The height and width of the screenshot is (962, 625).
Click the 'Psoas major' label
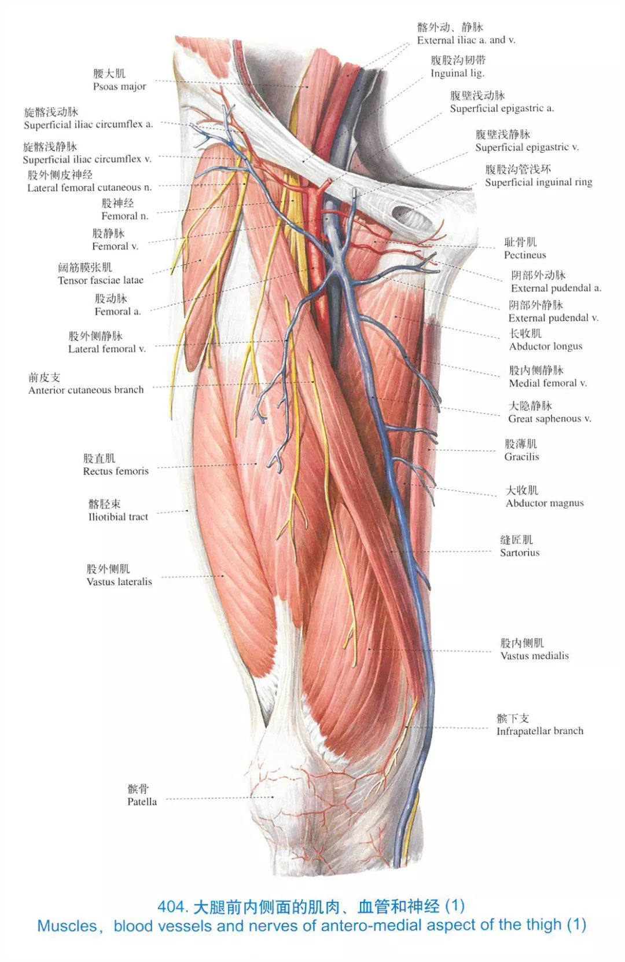click(119, 86)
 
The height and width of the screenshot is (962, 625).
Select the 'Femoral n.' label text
click(124, 216)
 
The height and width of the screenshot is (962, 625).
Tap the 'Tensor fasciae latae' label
click(101, 280)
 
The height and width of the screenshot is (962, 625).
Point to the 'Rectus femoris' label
click(116, 471)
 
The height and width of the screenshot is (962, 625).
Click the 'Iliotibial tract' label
click(118, 517)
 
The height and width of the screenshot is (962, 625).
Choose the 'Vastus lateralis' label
click(119, 582)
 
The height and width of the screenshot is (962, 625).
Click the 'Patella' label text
click(142, 802)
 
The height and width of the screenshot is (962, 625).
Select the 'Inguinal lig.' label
click(457, 74)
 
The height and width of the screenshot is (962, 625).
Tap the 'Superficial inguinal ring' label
click(538, 182)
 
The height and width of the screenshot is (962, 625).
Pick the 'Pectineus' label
click(524, 255)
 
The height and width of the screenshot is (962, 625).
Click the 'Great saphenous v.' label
click(549, 419)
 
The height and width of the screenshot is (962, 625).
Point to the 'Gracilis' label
click(521, 457)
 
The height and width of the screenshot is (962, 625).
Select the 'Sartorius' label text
click(520, 553)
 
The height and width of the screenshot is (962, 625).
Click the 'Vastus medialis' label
click(534, 656)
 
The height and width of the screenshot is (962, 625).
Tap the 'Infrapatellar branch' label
click(539, 731)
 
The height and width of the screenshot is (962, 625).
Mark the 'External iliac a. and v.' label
click(466, 41)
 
